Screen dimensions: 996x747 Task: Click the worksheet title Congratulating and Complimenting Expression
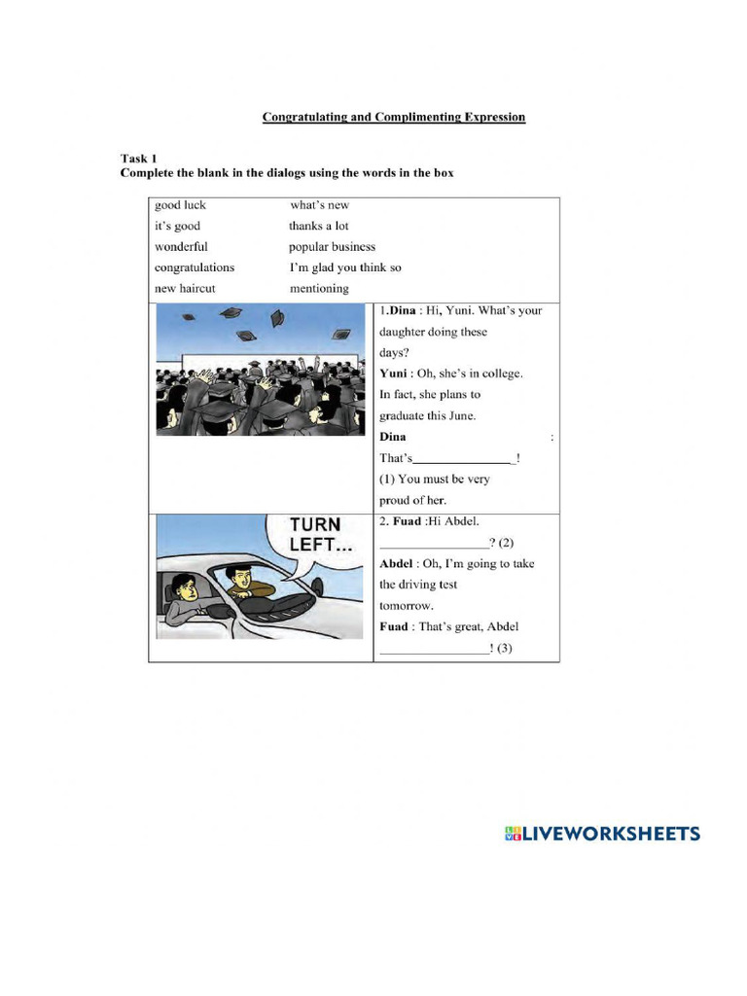click(x=393, y=118)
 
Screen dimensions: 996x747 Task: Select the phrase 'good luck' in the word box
click(x=180, y=205)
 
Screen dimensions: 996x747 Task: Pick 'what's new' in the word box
click(x=319, y=205)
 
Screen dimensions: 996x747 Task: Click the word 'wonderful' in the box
click(x=181, y=247)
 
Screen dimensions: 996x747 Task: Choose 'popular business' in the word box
click(x=332, y=247)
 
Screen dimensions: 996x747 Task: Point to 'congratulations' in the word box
click(x=195, y=267)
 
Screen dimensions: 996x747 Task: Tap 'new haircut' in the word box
click(x=185, y=289)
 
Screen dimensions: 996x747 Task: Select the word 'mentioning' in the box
click(x=319, y=289)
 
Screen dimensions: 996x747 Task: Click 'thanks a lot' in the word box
click(x=318, y=226)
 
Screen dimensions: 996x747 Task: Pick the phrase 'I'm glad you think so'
click(x=345, y=267)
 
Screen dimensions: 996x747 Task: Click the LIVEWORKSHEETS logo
click(x=602, y=834)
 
